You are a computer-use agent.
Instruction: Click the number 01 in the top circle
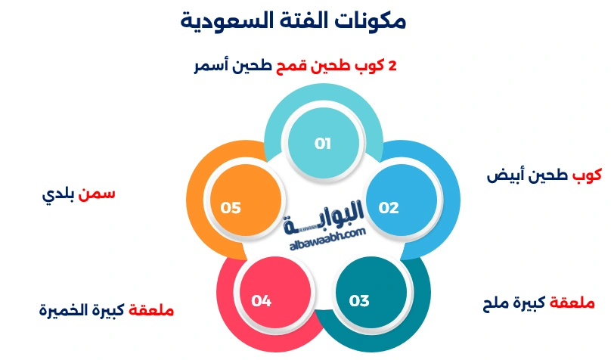coord(323,143)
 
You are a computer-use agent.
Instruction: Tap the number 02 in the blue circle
coord(389,208)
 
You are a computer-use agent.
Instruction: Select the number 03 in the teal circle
coord(359,301)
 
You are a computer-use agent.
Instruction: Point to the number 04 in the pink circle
coord(262,301)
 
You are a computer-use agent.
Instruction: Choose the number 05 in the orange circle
coord(231,208)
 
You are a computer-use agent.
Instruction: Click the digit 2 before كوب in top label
coord(392,66)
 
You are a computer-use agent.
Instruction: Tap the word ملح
coord(498,304)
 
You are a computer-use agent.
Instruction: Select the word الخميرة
coord(64,310)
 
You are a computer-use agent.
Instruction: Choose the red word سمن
coord(98,194)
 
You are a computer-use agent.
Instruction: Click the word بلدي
coord(58,194)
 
